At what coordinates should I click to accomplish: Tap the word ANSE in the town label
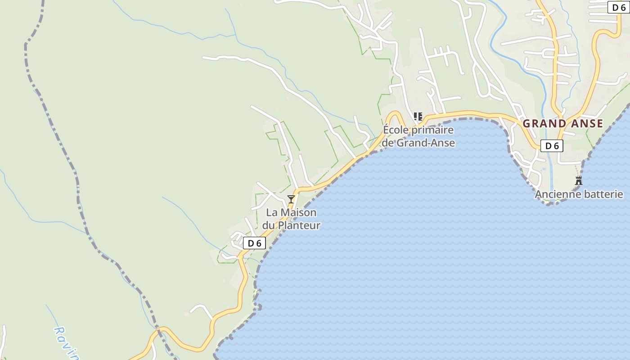585,123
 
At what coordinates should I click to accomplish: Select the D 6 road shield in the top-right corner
619,7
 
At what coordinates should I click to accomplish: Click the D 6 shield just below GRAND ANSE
552,146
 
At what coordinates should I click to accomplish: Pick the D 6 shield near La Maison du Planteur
254,243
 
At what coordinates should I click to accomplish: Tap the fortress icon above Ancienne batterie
579,181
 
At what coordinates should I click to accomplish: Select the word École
396,130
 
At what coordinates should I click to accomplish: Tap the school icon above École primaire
418,117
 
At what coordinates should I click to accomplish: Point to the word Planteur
299,225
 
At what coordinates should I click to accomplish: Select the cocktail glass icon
291,199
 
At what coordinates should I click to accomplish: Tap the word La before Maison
272,212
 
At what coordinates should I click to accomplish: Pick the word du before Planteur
269,225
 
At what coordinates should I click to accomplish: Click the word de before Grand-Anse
388,143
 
